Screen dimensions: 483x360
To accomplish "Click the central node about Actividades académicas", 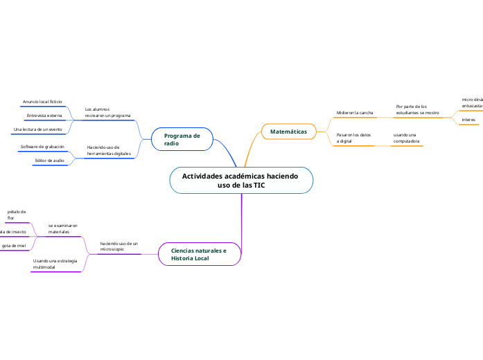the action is pos(240,181).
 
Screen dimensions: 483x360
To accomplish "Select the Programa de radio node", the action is pos(182,139).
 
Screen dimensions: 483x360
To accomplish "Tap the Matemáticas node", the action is pos(288,131).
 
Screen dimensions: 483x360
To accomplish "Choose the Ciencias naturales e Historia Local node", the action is pos(199,254).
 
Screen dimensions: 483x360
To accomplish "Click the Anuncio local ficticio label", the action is pos(42,102).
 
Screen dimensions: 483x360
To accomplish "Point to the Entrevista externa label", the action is pos(44,116).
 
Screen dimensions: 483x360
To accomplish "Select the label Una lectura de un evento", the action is pos(37,129).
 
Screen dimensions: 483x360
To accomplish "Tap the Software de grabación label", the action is pos(42,147).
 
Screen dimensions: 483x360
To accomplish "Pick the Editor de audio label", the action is pos(49,161).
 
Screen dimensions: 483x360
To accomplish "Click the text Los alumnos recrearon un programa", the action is pos(107,112).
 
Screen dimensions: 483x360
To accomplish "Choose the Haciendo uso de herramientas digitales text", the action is pos(108,150).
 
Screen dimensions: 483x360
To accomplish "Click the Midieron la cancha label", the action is pos(355,112).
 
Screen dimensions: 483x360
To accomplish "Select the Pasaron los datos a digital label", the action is pos(353,137).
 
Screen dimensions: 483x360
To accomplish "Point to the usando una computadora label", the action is pos(405,137).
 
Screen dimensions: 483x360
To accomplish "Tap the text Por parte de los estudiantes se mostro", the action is pos(417,109).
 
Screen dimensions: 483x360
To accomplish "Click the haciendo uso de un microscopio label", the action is pos(118,246).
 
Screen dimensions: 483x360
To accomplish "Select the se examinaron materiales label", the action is pos(63,228).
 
